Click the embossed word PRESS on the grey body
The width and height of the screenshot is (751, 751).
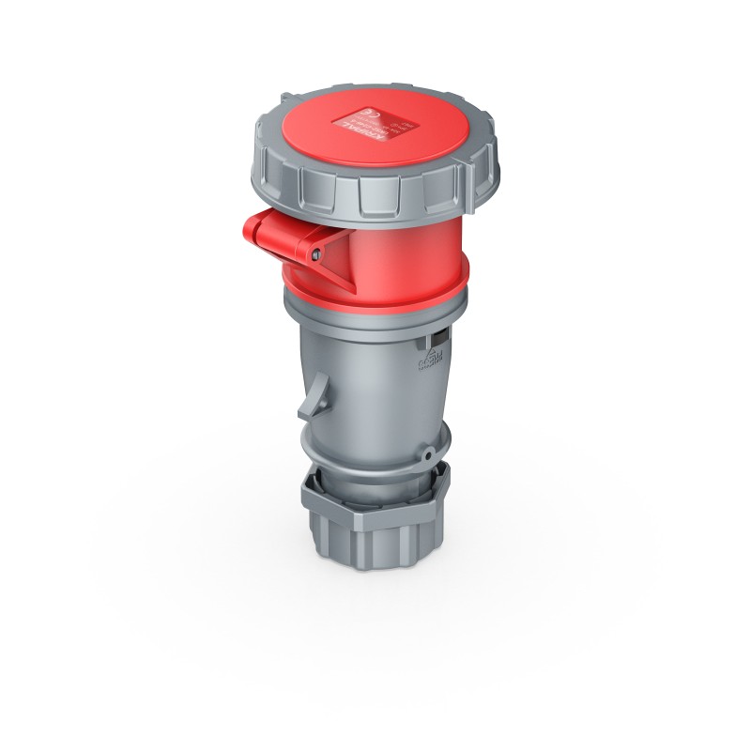pyautogui.click(x=435, y=359)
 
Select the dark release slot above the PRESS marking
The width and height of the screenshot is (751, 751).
pyautogui.click(x=437, y=335)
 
